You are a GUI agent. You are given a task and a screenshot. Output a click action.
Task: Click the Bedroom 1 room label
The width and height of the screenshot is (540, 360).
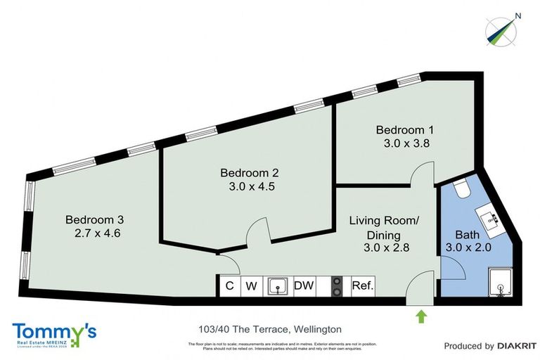pos(404,130)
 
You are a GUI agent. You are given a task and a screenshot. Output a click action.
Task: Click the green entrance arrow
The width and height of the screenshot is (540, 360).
pos(421,316)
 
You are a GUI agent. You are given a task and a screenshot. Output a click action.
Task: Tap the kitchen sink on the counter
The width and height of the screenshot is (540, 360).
pos(279,285)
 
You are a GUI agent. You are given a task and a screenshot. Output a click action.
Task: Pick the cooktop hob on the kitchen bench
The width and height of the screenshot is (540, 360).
pos(337,285)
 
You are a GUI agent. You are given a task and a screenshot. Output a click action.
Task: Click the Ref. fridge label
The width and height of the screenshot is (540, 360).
pos(362,286)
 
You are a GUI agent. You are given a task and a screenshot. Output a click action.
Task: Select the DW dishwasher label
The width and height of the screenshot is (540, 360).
pos(303,286)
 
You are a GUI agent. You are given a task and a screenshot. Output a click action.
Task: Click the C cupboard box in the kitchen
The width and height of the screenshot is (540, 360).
pos(229,286)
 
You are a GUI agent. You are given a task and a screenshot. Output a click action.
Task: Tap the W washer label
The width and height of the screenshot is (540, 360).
pos(252,286)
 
